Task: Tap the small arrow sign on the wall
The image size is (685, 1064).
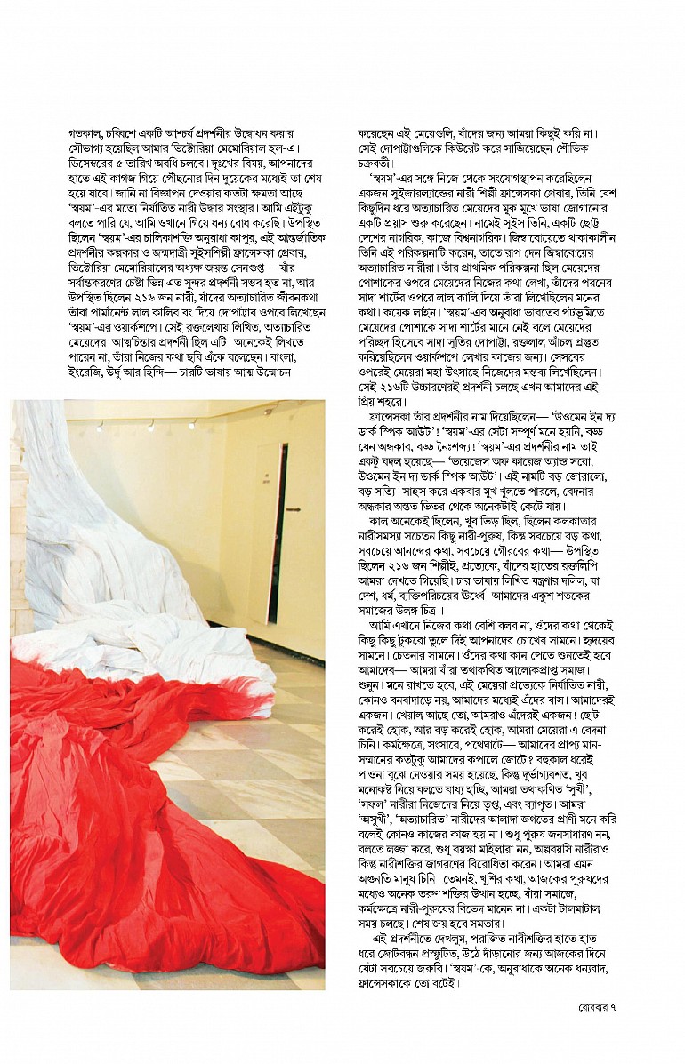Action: click(294, 508)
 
